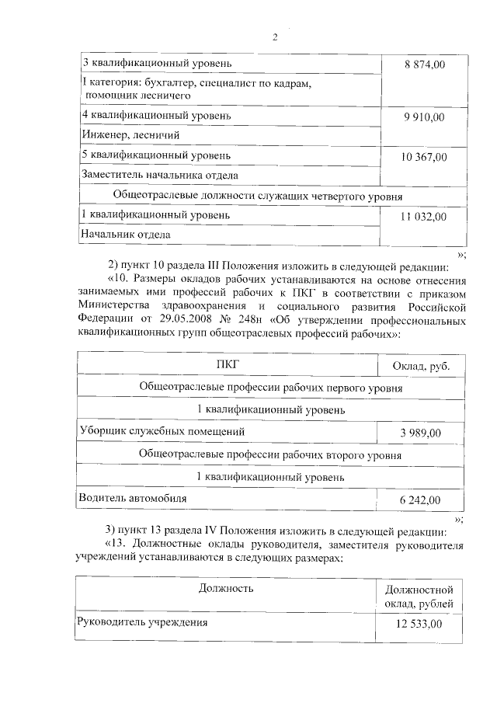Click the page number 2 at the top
pyautogui.click(x=275, y=37)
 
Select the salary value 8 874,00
pyautogui.click(x=424, y=63)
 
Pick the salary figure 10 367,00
pyautogui.click(x=424, y=157)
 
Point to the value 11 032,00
pyautogui.click(x=424, y=217)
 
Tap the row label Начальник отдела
pyautogui.click(x=125, y=234)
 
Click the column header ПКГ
pyautogui.click(x=228, y=364)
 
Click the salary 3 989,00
pyautogui.click(x=421, y=433)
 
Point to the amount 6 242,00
pyautogui.click(x=421, y=499)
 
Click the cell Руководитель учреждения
pyautogui.click(x=141, y=621)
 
